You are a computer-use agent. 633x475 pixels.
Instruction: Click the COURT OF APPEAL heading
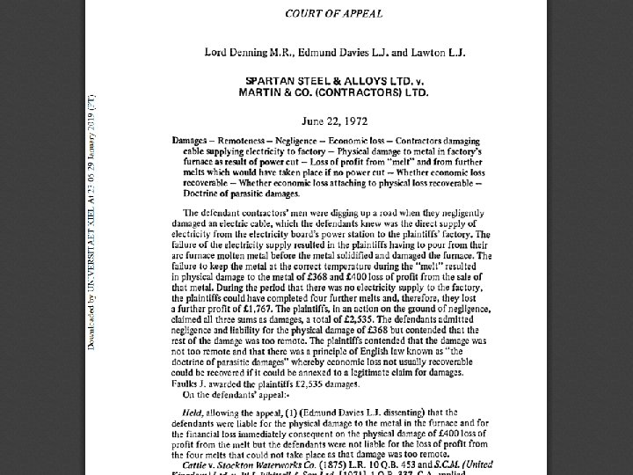coord(334,14)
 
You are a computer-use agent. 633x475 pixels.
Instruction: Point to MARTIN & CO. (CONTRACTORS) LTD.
coord(334,91)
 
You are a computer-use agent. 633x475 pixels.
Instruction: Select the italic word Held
coord(194,413)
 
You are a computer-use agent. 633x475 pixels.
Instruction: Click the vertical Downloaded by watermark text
coord(91,220)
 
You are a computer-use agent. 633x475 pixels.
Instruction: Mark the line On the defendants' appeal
coord(228,395)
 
